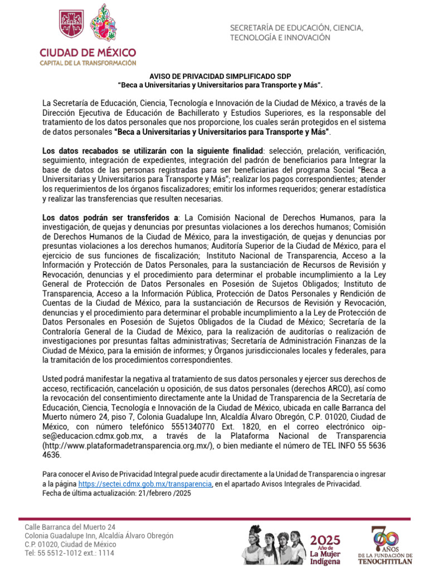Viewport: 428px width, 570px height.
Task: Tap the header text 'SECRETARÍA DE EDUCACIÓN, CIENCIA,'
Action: (297, 28)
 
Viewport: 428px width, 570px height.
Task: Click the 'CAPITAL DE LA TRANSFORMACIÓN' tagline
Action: (87, 63)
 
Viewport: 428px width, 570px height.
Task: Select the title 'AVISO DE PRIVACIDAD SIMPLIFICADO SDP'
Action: (220, 76)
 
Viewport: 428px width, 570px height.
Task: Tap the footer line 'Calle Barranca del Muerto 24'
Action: (71, 527)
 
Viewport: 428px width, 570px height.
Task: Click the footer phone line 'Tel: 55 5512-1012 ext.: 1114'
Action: (70, 553)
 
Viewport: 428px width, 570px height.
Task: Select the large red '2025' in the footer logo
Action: (325, 539)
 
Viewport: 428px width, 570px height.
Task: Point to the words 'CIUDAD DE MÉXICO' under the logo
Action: (87, 52)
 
